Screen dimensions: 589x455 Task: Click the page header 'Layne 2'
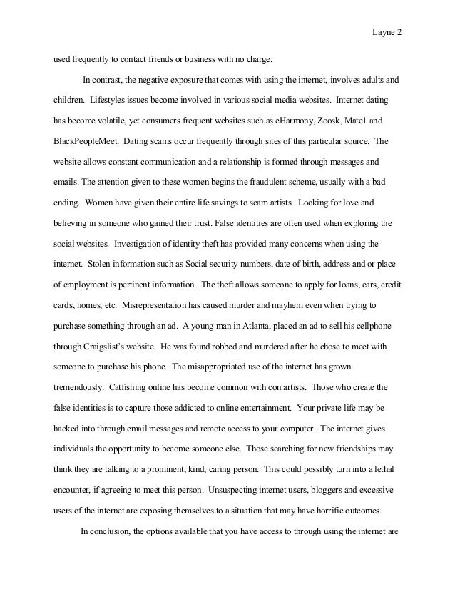coord(388,32)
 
